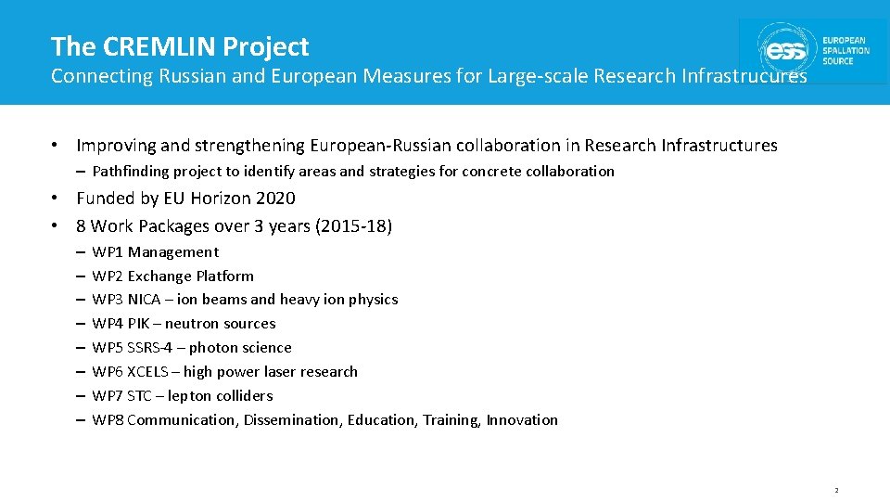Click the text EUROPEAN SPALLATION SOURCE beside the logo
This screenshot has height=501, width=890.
tap(845, 51)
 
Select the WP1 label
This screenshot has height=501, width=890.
tap(108, 252)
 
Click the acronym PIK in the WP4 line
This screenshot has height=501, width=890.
tap(139, 324)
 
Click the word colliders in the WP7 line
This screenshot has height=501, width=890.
tap(245, 396)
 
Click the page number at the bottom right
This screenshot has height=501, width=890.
tap(836, 490)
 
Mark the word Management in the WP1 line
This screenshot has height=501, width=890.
tap(173, 252)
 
